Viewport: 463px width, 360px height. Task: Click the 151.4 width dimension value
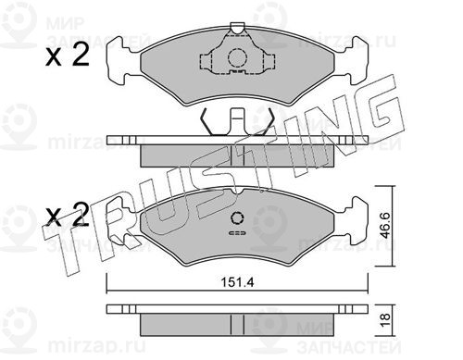click(237, 282)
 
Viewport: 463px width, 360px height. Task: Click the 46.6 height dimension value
click(385, 225)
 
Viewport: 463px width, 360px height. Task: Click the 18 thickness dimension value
click(385, 320)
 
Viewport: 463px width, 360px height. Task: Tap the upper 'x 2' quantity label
click(68, 55)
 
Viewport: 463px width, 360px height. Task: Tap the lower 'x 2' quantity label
click(68, 214)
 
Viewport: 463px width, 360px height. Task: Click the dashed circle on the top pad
click(237, 57)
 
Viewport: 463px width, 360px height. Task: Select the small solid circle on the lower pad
click(237, 218)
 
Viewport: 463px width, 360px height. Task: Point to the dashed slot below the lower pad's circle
click(237, 233)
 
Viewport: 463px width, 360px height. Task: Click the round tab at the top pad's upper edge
click(237, 28)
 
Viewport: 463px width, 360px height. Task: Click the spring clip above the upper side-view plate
click(237, 122)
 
